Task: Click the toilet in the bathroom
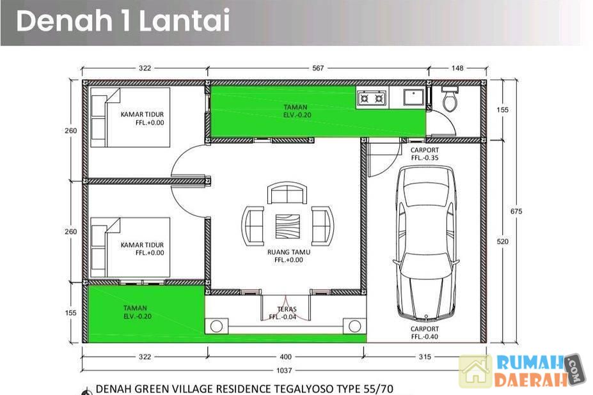pyautogui.click(x=450, y=98)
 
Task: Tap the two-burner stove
pyautogui.click(x=372, y=98)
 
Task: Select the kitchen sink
pyautogui.click(x=414, y=98)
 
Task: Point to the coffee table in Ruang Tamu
pyautogui.click(x=287, y=226)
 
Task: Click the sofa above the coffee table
pyautogui.click(x=287, y=193)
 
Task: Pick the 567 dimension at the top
pyautogui.click(x=318, y=68)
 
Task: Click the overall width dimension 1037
pyautogui.click(x=284, y=371)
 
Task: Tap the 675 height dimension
pyautogui.click(x=516, y=212)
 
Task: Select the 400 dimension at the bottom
pyautogui.click(x=285, y=357)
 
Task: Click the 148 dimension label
pyautogui.click(x=457, y=68)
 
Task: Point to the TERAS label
pyautogui.click(x=287, y=309)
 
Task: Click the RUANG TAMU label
pyautogui.click(x=289, y=252)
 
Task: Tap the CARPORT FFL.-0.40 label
pyautogui.click(x=425, y=332)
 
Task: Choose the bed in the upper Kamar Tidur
pyautogui.click(x=130, y=117)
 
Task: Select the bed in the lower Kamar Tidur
pyautogui.click(x=130, y=247)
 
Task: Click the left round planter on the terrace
pyautogui.click(x=216, y=326)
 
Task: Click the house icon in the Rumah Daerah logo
pyautogui.click(x=476, y=371)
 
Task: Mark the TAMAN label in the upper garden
pyautogui.click(x=296, y=107)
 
